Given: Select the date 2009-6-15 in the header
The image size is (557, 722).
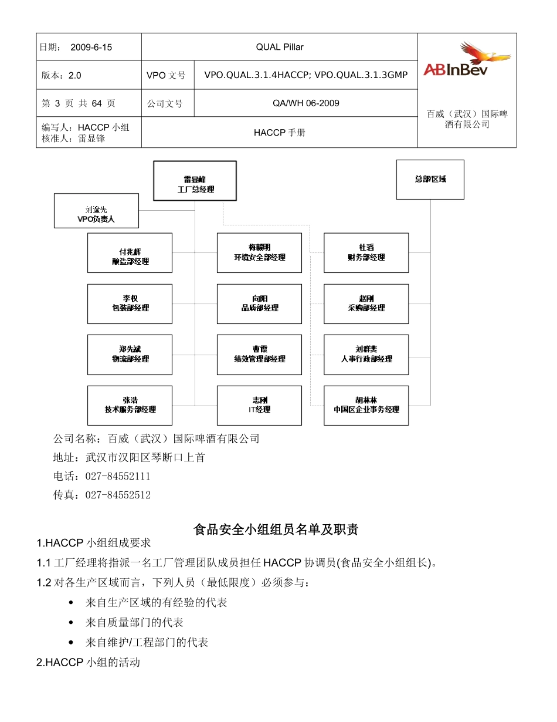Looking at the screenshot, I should [x=91, y=47].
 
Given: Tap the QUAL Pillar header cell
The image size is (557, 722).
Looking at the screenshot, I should [x=280, y=47].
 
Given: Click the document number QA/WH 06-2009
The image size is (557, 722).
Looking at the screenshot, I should [x=305, y=103].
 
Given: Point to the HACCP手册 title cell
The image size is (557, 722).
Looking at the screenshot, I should [x=280, y=133].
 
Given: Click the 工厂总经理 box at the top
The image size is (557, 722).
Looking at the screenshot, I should [x=195, y=181].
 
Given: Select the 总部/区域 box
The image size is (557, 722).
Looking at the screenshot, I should [x=430, y=180].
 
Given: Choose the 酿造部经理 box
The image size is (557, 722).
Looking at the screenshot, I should [x=130, y=253].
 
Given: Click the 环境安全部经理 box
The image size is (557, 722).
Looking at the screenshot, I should [x=259, y=253].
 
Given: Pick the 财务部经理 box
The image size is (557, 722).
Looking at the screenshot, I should [x=366, y=253].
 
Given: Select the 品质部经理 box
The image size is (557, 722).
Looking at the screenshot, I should [x=259, y=303].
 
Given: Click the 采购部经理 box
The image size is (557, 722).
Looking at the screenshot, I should [x=366, y=303].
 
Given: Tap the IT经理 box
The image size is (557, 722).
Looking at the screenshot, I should [x=259, y=405].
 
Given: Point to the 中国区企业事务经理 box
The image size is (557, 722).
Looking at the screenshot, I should [x=366, y=405].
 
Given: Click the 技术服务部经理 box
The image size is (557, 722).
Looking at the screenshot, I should [x=130, y=405].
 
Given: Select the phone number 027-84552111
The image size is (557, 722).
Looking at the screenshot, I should [x=118, y=477].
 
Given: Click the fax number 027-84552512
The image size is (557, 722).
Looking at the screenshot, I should [x=118, y=495].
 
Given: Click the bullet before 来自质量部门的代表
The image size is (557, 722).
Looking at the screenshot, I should [x=71, y=623].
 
